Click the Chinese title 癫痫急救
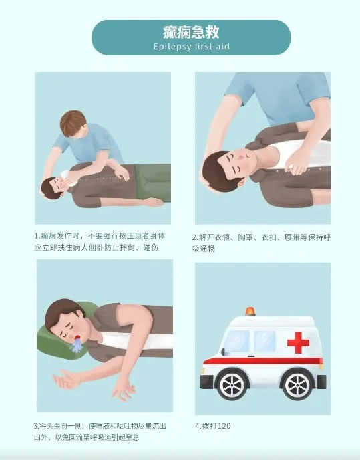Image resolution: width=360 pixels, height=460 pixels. [190, 32]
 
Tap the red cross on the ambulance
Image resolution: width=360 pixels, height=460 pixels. [298, 342]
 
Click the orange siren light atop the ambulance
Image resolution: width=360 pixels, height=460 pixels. [250, 312]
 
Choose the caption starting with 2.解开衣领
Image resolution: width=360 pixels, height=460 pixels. [260, 241]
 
